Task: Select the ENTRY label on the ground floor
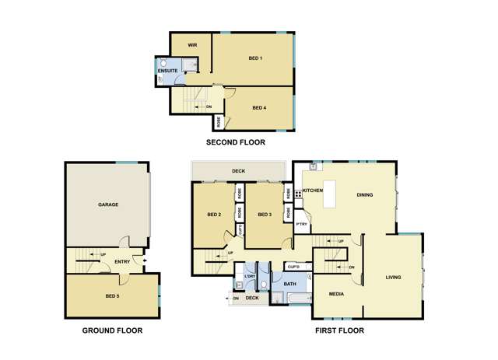(x=122, y=261)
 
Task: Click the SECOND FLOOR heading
(x=235, y=142)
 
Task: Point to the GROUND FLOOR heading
(x=112, y=330)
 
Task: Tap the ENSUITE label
(x=168, y=72)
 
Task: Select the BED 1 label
(x=255, y=58)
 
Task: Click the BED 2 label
(x=214, y=215)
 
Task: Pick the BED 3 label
(x=264, y=215)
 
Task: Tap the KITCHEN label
(x=313, y=190)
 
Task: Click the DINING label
(x=365, y=195)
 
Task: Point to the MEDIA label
(x=336, y=295)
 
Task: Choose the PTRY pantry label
(x=303, y=225)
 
